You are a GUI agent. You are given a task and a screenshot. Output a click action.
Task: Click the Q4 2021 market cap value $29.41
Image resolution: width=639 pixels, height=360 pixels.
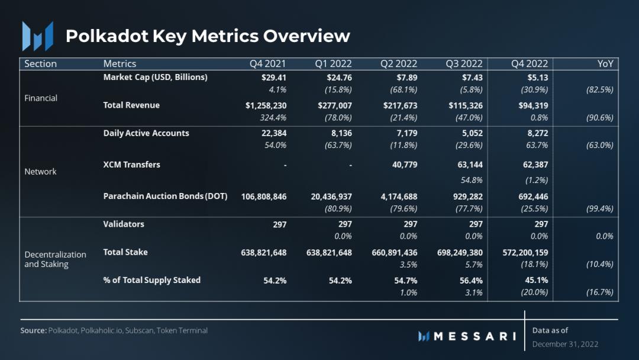point(275,77)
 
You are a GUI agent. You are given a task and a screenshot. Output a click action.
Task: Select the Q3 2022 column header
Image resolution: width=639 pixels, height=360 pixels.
point(464,64)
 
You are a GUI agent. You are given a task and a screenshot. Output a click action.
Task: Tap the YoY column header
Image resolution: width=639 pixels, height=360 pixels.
point(605,64)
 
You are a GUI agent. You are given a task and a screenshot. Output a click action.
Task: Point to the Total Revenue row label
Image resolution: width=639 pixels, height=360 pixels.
point(131,105)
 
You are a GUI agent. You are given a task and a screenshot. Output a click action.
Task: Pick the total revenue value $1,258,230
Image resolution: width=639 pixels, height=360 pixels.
point(266,105)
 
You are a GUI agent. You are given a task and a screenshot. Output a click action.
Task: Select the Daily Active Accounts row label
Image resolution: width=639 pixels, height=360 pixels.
point(146,133)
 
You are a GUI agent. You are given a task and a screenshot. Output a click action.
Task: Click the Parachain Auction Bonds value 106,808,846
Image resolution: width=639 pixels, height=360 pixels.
point(264,197)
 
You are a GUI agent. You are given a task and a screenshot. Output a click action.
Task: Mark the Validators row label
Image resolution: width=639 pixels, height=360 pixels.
point(124,224)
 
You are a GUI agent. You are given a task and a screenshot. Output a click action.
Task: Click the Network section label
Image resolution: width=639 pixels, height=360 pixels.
point(40,172)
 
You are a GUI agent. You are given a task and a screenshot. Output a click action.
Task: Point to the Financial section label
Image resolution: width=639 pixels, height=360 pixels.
point(41,98)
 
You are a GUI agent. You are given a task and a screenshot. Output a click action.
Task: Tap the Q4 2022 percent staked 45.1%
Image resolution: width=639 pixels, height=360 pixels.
point(537,280)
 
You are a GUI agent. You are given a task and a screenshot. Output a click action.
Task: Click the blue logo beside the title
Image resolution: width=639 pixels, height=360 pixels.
point(37,36)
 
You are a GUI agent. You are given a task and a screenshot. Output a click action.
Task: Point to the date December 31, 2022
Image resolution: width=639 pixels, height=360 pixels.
point(565,344)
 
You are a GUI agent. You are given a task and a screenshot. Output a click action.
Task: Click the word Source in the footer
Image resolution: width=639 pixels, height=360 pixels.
point(33,330)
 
